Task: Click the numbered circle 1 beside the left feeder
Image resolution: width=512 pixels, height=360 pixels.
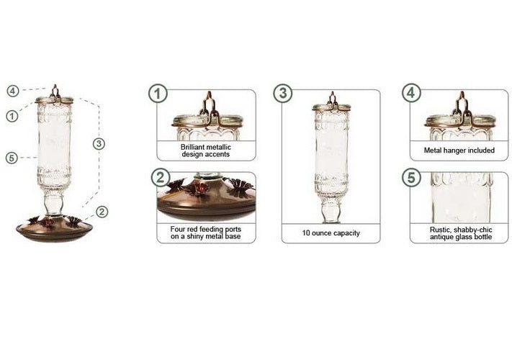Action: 12,115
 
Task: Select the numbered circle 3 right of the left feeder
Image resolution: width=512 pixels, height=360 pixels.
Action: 99,143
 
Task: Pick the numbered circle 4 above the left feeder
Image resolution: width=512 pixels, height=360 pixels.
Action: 12,91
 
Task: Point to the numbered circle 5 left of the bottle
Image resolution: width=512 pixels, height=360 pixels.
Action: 12,158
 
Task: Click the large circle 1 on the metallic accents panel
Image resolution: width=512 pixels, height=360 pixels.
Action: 159,93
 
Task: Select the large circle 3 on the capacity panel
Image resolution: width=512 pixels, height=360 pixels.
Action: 284,93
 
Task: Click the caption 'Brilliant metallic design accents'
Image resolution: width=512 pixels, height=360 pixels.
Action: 206,150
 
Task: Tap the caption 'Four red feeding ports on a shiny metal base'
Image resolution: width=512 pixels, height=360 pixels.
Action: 206,232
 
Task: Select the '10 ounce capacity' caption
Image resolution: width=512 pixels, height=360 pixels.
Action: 331,233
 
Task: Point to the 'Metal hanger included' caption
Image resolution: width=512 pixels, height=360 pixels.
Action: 458,150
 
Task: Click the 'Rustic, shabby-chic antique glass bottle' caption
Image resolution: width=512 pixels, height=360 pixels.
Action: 458,232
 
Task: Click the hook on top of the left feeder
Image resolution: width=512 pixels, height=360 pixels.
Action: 55,90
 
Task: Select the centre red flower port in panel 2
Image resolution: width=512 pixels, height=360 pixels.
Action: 200,188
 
